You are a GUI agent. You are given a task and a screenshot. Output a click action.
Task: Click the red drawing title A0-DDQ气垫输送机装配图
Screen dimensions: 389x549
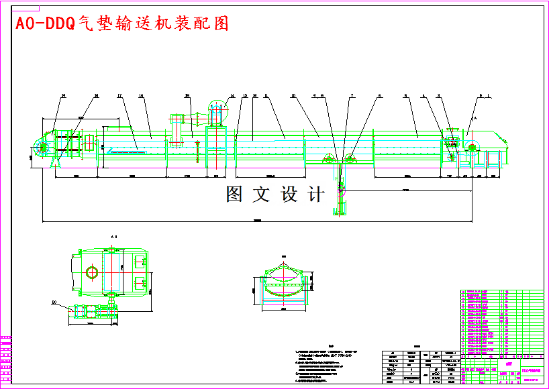tap(121, 23)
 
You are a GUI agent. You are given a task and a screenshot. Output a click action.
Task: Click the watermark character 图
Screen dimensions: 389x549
tap(234, 194)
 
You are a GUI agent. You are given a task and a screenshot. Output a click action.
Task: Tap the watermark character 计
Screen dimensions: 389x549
tap(315, 194)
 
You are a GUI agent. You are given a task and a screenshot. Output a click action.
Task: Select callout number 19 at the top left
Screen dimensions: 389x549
tap(63, 97)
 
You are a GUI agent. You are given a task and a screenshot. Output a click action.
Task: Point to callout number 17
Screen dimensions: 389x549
tap(119, 97)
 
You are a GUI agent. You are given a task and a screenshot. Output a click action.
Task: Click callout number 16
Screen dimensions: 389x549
tap(142, 97)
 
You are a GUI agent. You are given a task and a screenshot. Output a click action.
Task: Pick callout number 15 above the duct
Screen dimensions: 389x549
tap(189, 97)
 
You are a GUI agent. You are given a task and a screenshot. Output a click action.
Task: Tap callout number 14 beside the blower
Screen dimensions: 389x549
tap(232, 97)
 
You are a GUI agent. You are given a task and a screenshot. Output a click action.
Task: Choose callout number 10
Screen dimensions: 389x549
tap(293, 97)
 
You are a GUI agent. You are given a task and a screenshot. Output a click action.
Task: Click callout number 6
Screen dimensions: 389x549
tap(379, 97)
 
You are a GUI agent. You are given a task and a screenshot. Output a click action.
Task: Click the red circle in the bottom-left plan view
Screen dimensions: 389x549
tap(92, 272)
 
